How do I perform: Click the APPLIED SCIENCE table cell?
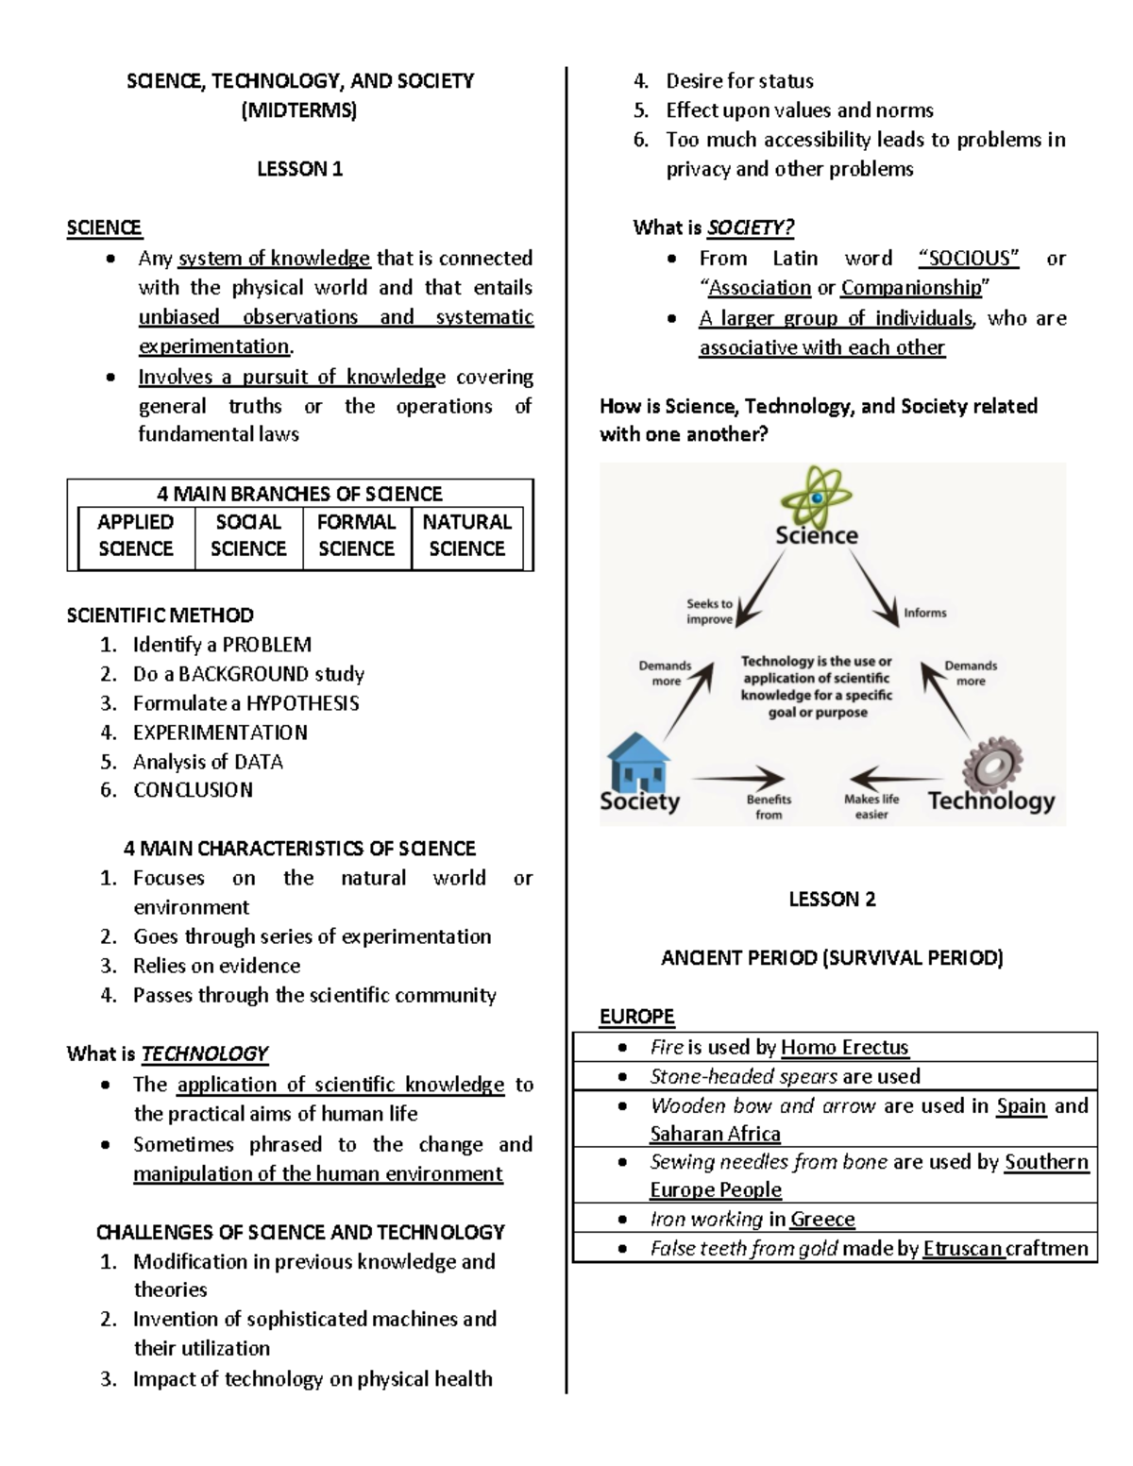136,535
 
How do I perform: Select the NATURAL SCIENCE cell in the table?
466,535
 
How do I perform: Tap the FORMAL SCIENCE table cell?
356,535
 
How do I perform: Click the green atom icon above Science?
817,496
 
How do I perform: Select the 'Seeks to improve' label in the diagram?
709,611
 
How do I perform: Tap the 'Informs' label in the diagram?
925,613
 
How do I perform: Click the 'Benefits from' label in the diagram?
769,806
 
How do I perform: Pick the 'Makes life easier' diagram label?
871,806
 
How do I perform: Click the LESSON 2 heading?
832,899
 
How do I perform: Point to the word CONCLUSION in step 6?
193,790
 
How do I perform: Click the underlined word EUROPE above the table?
637,1017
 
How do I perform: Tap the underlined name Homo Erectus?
844,1047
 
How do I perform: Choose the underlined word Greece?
822,1219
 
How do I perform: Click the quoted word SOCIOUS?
969,259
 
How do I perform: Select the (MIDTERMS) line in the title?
299,110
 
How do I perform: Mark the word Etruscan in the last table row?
962,1249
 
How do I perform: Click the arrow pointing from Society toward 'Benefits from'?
738,778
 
